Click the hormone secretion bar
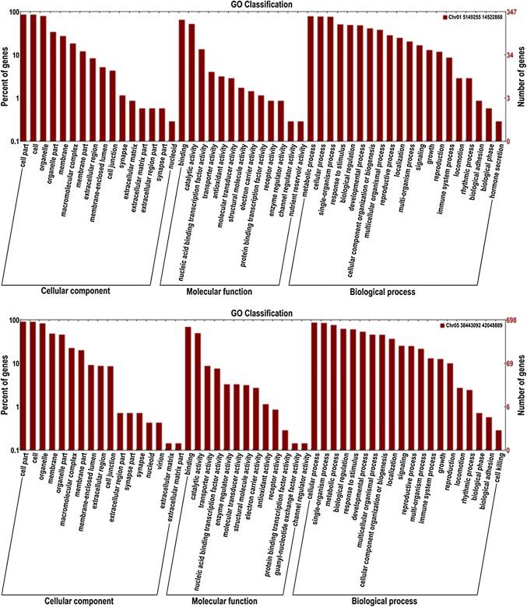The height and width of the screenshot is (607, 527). click(498, 132)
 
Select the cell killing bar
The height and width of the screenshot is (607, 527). click(498, 440)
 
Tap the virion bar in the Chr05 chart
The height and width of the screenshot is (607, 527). click(158, 437)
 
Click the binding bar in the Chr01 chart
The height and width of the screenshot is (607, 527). click(182, 81)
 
